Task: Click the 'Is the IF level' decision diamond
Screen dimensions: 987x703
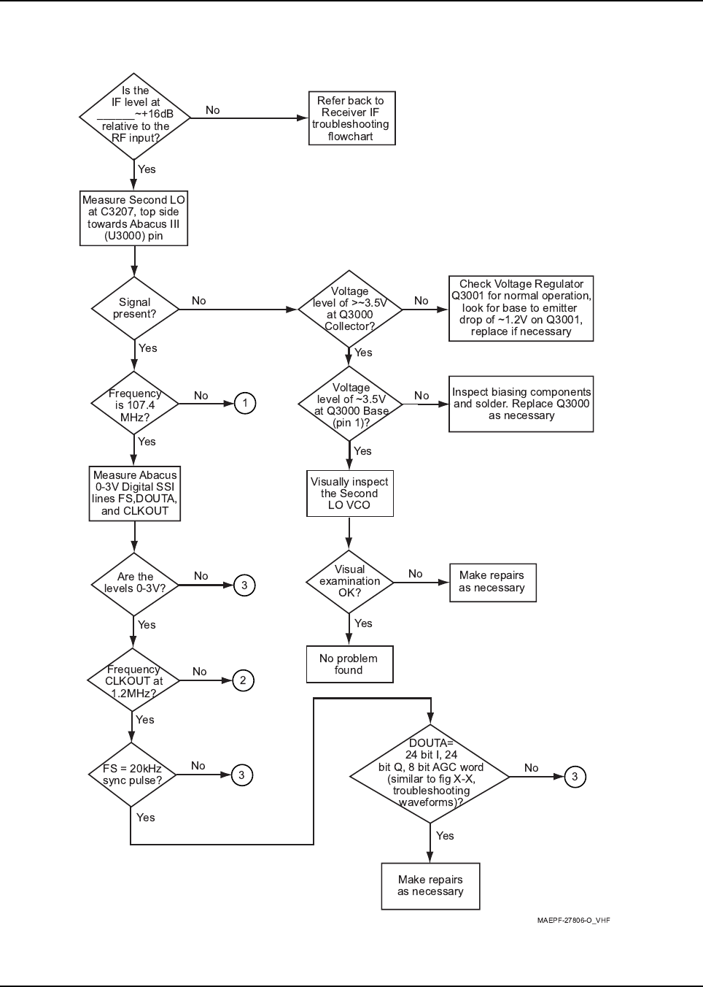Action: click(135, 117)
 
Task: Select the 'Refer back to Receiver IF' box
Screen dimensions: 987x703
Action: click(351, 118)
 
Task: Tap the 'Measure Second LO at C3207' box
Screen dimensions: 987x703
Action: click(134, 218)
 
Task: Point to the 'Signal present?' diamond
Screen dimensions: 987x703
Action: click(135, 308)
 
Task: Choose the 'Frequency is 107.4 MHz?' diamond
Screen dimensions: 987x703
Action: click(135, 404)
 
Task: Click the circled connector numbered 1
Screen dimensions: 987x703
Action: click(245, 403)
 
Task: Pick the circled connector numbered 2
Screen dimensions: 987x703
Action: click(243, 680)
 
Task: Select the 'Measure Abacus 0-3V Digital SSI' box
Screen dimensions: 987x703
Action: click(135, 493)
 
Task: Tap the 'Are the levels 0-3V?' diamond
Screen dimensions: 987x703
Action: click(135, 584)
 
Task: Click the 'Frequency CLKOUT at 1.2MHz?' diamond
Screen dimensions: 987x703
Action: click(133, 680)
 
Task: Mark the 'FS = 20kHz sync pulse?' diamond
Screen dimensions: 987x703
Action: click(132, 775)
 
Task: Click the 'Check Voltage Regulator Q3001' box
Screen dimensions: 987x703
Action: click(521, 308)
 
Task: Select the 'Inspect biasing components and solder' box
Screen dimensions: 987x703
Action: click(521, 404)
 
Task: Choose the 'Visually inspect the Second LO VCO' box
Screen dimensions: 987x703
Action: click(349, 493)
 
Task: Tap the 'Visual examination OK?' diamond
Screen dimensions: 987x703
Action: click(349, 582)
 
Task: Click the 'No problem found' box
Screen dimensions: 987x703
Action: click(349, 664)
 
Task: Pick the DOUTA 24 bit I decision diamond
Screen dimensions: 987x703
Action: click(430, 774)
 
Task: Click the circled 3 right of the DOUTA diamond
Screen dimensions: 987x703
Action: click(575, 777)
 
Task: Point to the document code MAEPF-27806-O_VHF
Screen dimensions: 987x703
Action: click(573, 921)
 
